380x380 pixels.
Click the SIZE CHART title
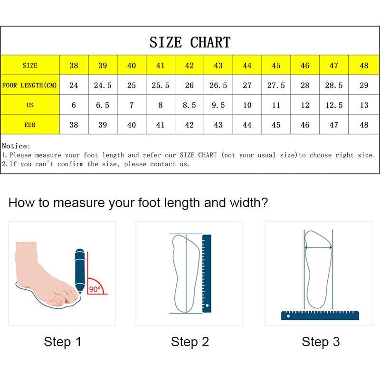(x=190, y=42)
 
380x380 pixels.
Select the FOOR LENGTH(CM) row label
(x=29, y=85)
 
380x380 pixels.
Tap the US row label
(x=29, y=105)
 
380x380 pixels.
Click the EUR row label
(x=29, y=125)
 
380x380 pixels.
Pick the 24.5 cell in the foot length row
(x=103, y=85)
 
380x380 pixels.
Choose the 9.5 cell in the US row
(x=218, y=105)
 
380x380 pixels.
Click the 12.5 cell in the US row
(x=334, y=105)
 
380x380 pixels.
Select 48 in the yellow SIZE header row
(x=364, y=66)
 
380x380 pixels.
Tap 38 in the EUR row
(x=74, y=125)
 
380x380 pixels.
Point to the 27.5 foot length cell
(x=276, y=85)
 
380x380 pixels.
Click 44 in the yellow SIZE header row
(x=247, y=66)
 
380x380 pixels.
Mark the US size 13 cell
(x=364, y=105)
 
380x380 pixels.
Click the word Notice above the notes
(x=16, y=146)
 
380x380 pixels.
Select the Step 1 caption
(x=63, y=342)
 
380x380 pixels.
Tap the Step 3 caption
(x=321, y=342)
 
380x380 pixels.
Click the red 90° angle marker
(x=96, y=287)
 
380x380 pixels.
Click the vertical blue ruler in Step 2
(x=207, y=273)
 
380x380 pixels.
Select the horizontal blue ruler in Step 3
(x=320, y=315)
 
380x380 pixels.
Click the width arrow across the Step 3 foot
(x=318, y=247)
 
